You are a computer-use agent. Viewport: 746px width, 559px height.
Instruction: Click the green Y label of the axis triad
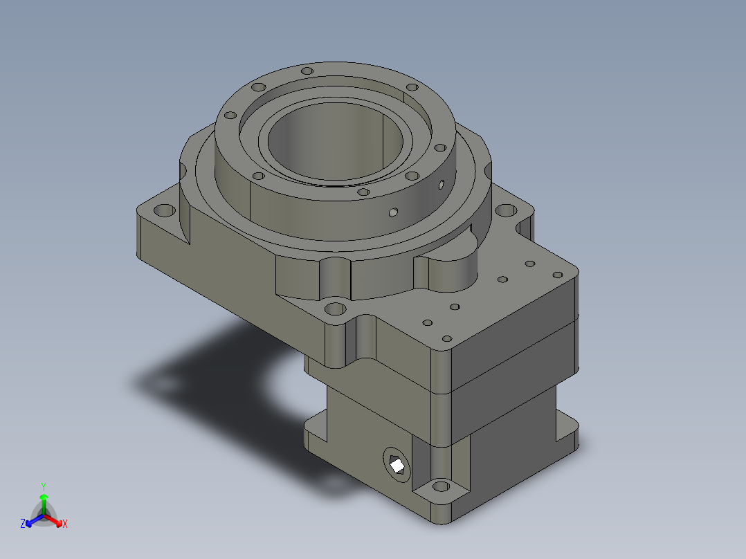(44, 486)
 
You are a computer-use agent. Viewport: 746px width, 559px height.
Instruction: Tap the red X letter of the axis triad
(65, 524)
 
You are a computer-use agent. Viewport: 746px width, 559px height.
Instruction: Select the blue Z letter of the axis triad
(23, 523)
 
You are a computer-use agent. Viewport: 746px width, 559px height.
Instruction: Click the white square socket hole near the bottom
(397, 464)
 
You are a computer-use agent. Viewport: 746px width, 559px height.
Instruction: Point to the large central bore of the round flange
(336, 142)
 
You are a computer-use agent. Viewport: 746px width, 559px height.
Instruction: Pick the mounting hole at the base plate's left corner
(165, 210)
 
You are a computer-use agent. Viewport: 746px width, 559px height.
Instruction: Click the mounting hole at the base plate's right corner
(506, 210)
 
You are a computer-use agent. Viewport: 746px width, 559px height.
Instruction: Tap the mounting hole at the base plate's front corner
(335, 309)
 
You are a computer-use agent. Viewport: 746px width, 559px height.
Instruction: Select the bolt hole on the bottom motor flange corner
(441, 486)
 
